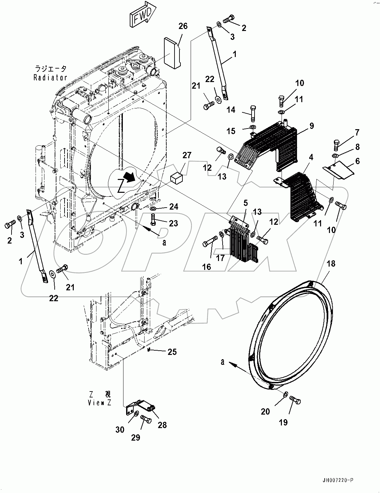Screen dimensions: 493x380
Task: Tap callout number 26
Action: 183,26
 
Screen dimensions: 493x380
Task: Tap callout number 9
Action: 312,126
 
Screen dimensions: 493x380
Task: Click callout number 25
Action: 172,352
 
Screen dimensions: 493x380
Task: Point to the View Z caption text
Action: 100,398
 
